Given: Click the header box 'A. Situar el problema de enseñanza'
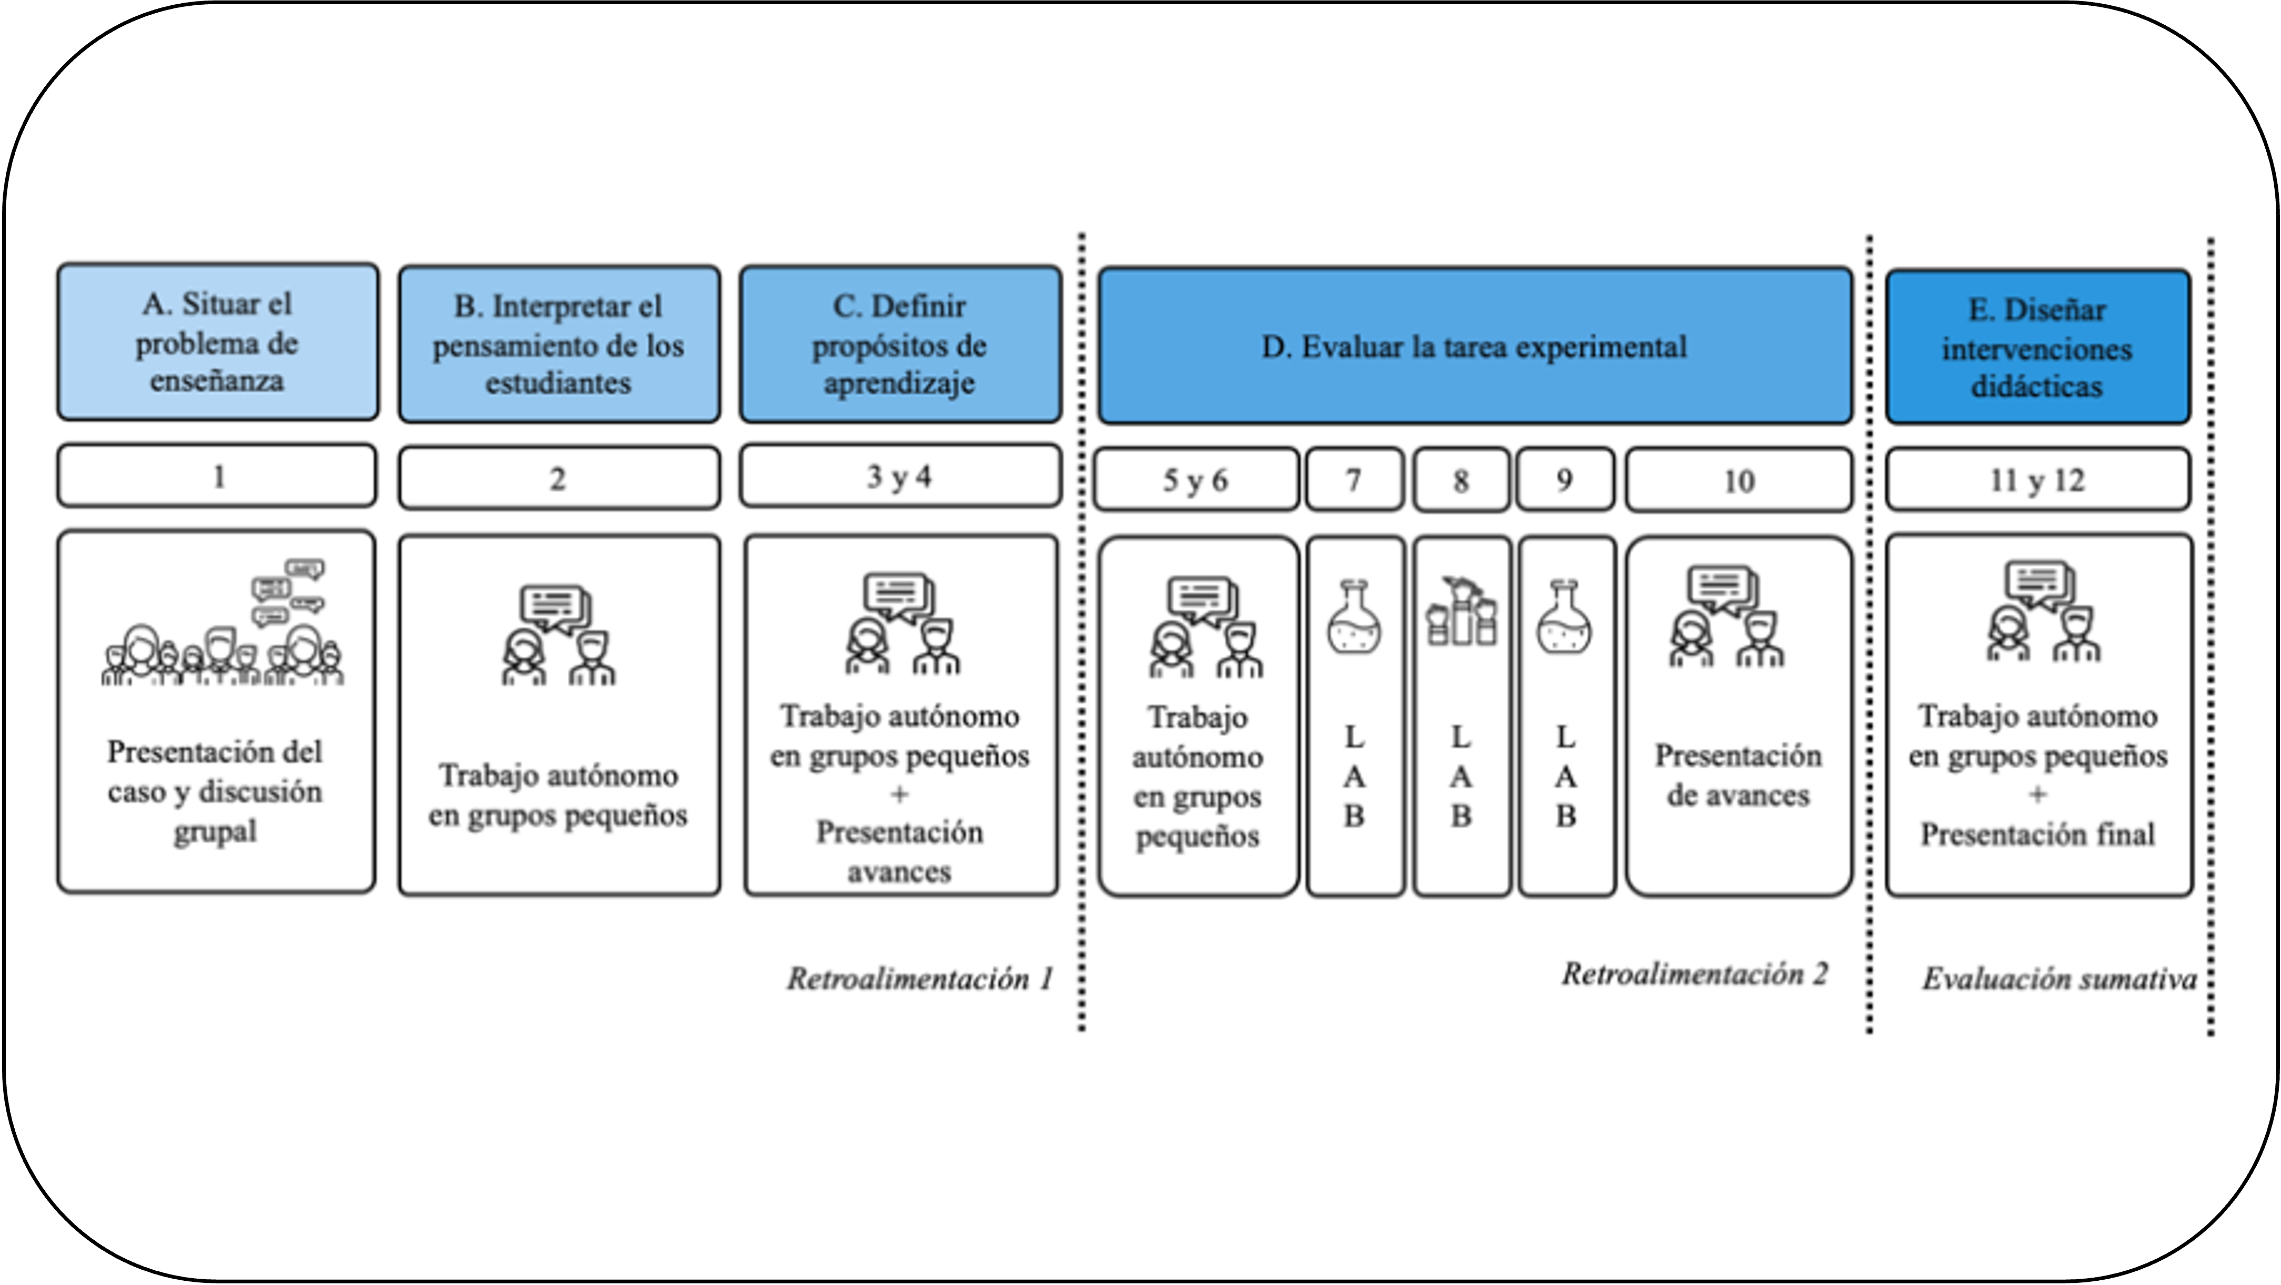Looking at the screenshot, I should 218,342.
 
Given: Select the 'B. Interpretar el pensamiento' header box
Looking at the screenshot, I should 559,344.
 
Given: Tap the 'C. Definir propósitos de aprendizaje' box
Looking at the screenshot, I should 900,344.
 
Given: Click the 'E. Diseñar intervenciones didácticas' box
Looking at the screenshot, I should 2037,347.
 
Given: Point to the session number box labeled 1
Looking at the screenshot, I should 218,476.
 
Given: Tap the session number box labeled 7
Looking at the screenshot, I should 1354,480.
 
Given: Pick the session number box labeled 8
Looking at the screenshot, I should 1461,480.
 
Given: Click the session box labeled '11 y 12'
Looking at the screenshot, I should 2037,480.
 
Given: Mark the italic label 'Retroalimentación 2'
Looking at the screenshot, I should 1694,974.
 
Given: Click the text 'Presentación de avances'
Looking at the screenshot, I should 1738,775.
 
